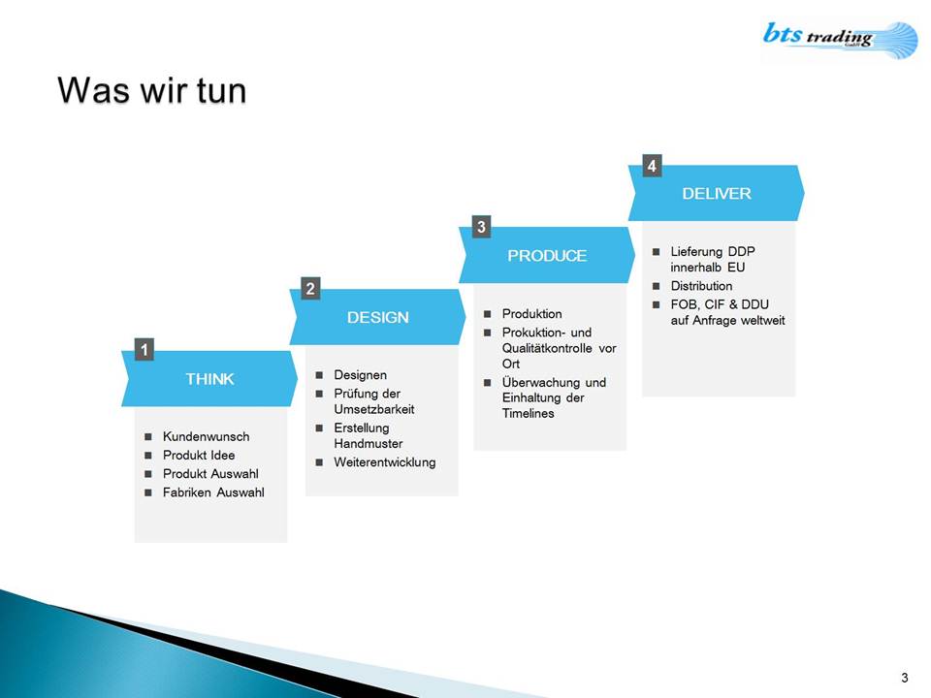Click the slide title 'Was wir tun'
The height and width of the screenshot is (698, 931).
point(152,91)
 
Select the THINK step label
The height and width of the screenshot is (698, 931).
point(209,379)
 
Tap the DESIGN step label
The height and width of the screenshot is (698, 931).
point(377,318)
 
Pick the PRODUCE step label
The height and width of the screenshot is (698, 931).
point(547,256)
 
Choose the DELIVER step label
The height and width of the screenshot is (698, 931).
point(717,194)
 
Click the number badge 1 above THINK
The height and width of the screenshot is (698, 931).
point(144,350)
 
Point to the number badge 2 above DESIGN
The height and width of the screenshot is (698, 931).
point(310,289)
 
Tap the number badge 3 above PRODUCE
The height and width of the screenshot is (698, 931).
point(482,227)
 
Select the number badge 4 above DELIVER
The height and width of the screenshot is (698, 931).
point(652,166)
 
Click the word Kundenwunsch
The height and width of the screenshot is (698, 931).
point(206,437)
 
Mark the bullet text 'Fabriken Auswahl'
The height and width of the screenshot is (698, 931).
point(213,492)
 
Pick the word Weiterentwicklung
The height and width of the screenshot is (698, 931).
point(385,462)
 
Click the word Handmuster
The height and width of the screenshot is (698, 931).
point(369,443)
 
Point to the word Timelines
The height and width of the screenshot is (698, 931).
point(528,413)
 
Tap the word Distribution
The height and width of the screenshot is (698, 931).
point(701,286)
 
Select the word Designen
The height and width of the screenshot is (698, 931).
point(361,375)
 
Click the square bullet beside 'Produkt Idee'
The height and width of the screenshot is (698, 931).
point(148,456)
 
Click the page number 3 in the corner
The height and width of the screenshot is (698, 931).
point(904,678)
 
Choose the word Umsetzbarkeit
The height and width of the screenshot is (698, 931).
point(374,409)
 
